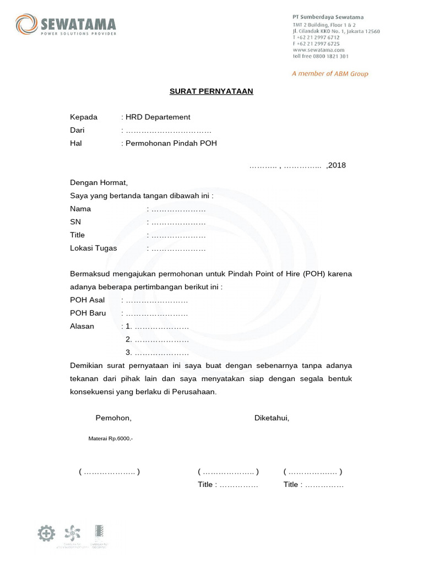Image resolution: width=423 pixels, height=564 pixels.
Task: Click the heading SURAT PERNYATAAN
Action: click(211, 91)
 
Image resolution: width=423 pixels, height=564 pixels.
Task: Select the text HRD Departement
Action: click(158, 117)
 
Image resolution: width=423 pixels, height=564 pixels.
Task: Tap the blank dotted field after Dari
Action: click(168, 131)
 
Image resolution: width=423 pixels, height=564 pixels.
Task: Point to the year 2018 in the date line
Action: click(337, 165)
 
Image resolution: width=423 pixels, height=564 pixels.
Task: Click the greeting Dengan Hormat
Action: click(99, 182)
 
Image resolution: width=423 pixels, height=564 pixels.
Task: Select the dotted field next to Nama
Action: click(178, 209)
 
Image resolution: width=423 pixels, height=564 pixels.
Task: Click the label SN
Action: click(75, 222)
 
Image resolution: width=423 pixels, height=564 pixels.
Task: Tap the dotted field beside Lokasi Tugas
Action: click(178, 248)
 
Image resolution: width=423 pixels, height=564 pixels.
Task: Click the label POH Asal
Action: click(87, 300)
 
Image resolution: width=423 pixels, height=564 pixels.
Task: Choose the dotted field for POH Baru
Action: click(157, 313)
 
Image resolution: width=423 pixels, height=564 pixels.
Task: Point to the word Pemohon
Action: click(113, 418)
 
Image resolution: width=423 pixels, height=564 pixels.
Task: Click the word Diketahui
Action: click(272, 418)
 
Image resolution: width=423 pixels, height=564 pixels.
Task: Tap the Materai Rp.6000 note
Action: click(111, 438)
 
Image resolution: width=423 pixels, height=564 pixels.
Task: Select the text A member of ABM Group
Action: click(330, 74)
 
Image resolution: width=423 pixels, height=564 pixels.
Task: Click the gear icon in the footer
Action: click(46, 533)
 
